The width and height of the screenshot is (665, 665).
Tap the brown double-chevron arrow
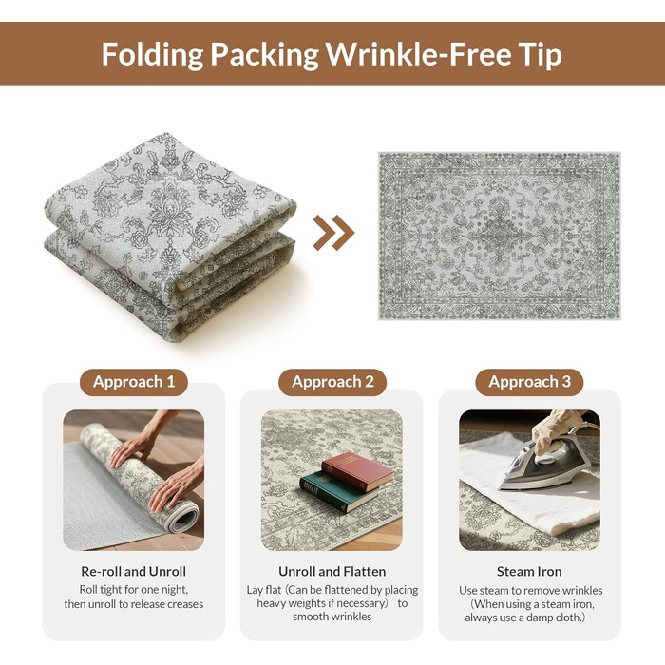333,233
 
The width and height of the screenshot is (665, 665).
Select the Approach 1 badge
134,382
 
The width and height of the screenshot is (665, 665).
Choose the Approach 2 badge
332,382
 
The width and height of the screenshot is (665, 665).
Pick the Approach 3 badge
529,382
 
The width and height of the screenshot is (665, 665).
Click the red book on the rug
357,471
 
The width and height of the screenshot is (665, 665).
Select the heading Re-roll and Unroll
134,571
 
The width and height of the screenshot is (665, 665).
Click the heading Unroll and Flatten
332,571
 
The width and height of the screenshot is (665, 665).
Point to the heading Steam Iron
529,571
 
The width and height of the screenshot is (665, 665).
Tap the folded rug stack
170,237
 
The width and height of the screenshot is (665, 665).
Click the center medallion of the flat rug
500,235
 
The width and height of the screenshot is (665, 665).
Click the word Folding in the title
153,55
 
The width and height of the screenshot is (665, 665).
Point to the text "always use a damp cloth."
525,617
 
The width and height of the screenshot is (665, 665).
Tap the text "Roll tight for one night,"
134,590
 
